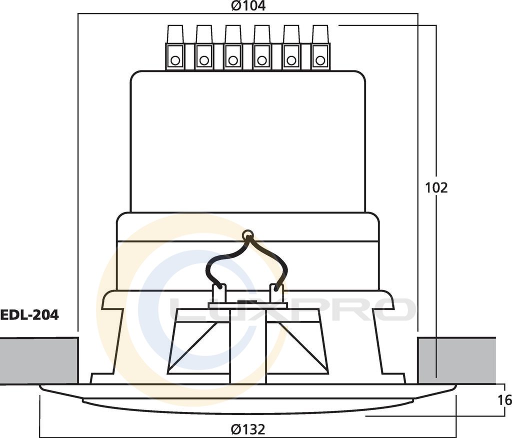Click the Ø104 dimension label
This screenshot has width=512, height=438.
(248, 5)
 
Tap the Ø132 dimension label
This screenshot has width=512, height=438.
(248, 429)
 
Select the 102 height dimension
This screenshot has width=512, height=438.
(436, 188)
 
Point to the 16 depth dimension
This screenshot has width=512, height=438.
(505, 400)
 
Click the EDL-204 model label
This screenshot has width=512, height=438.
(29, 315)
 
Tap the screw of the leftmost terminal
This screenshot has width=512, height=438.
(175, 60)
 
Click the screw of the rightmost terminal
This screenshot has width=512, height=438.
(320, 60)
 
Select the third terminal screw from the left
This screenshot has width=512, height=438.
(233, 60)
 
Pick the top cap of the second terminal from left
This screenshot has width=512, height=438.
(204, 34)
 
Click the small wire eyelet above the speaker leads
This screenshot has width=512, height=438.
(248, 234)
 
